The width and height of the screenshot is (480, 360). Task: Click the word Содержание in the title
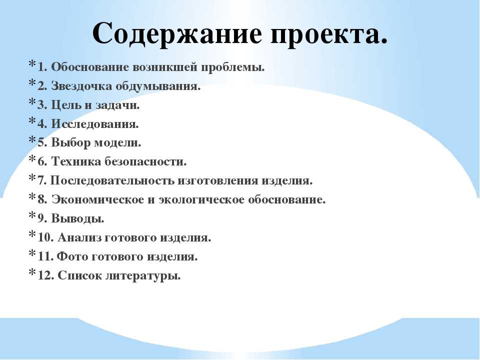[177, 33]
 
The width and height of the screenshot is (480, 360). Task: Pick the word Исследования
[95, 124]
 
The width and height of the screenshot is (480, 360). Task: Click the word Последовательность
[112, 180]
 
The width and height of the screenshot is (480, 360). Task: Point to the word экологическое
[201, 199]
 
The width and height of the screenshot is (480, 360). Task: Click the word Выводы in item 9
[77, 218]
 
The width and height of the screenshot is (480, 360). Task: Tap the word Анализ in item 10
[79, 237]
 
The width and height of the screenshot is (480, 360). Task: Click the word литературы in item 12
[143, 275]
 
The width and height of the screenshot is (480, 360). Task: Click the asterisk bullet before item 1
[32, 64]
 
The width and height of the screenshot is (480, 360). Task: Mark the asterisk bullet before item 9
[32, 216]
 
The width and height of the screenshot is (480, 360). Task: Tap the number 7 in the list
[41, 180]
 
